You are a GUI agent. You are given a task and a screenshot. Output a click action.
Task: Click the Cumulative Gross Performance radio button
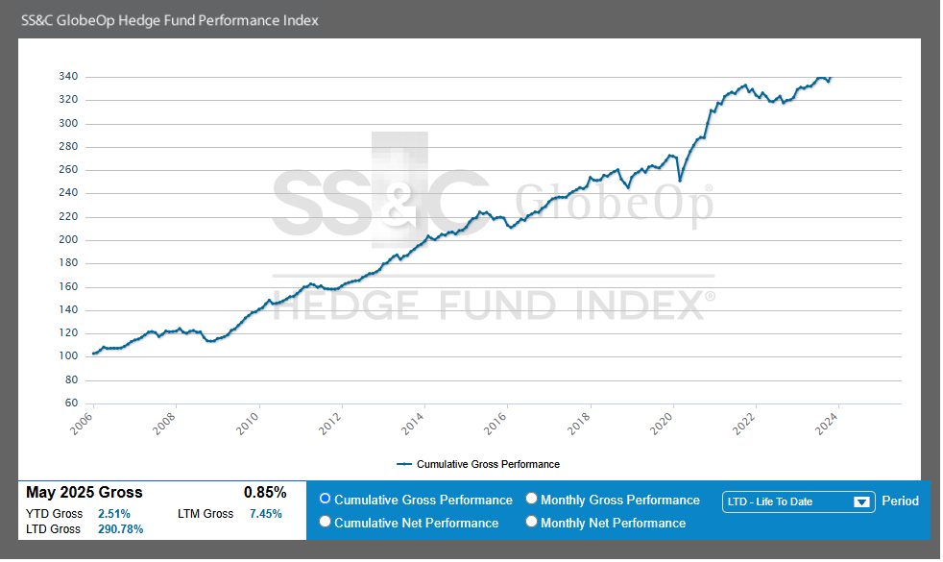click(x=325, y=500)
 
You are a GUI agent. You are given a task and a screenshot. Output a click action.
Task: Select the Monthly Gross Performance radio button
click(x=532, y=500)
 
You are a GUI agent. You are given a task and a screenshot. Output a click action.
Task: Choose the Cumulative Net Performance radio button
click(x=325, y=523)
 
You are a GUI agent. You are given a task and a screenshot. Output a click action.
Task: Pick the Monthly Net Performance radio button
click(x=532, y=523)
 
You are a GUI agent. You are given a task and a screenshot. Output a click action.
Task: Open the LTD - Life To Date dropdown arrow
click(x=861, y=501)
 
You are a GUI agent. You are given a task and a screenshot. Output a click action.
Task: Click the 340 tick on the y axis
click(x=68, y=77)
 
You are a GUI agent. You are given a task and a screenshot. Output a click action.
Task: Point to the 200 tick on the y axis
click(x=68, y=240)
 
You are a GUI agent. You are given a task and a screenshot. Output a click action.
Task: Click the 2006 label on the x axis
click(x=85, y=423)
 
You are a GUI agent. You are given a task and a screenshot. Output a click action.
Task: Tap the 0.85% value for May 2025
click(x=265, y=493)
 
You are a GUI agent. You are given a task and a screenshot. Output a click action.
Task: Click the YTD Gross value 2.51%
click(x=114, y=514)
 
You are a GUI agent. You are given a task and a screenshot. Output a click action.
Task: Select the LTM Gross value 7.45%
click(x=266, y=514)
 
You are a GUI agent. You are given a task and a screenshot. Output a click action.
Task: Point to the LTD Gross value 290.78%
click(x=121, y=529)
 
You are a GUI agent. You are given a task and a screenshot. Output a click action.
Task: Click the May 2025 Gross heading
click(x=85, y=493)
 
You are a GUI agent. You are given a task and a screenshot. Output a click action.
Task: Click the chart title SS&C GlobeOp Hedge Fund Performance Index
click(x=170, y=20)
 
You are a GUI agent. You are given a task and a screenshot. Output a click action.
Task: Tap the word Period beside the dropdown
click(x=900, y=501)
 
